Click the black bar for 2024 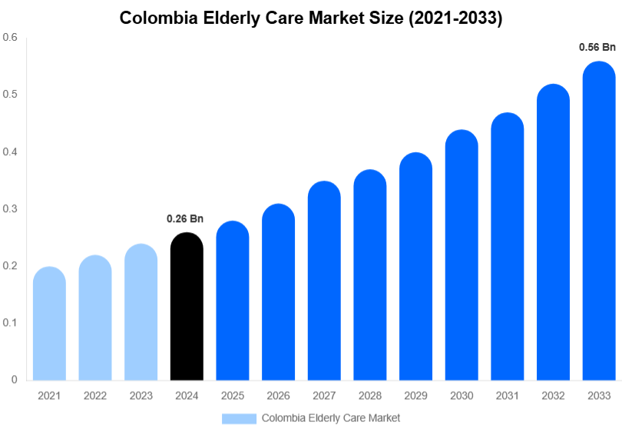point(187,307)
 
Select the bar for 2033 point(599,223)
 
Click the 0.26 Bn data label point(185,219)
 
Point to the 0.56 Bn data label point(597,48)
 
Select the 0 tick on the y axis point(14,380)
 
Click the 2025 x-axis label point(233,396)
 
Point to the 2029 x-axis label point(415,396)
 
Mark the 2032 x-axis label point(553,396)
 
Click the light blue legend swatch point(239,418)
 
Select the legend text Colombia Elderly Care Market point(331,418)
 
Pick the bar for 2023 point(141,313)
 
